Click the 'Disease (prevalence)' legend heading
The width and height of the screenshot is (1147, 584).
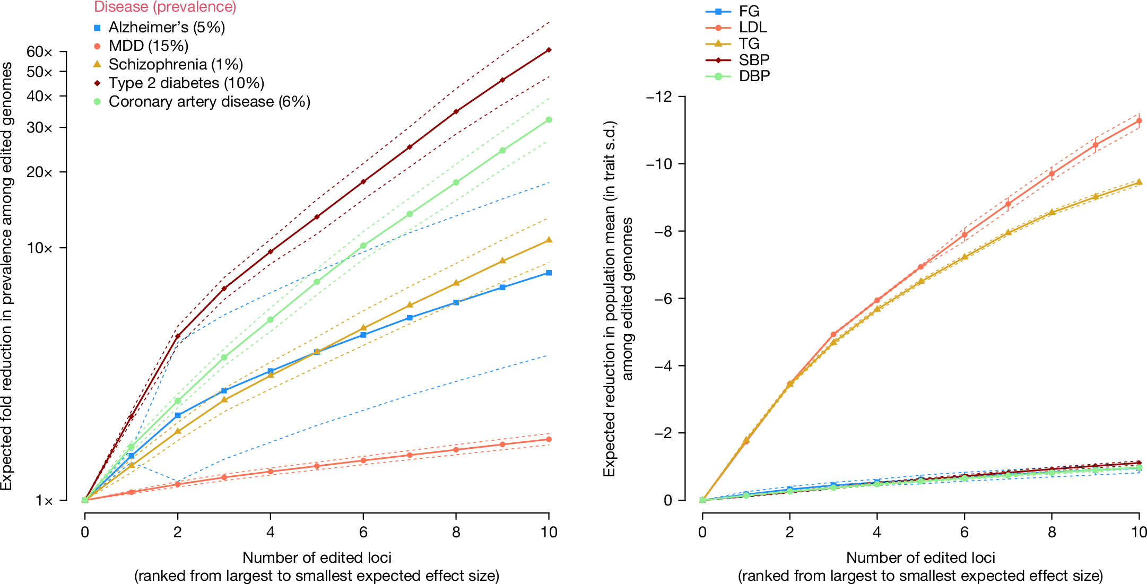pos(165,7)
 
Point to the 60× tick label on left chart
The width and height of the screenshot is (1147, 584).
pos(40,52)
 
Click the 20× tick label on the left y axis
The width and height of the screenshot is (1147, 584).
pos(40,172)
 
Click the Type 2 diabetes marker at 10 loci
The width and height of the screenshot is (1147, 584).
pos(549,50)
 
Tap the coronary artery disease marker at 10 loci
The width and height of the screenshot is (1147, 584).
pos(549,120)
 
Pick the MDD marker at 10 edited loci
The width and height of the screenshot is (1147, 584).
pos(549,439)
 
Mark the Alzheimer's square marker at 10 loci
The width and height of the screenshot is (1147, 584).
pos(549,273)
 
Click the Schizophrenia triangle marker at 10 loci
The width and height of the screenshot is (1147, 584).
pos(549,240)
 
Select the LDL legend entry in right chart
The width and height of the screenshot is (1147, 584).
pos(752,28)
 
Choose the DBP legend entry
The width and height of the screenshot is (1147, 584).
pos(754,76)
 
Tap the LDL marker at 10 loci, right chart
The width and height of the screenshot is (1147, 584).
pos(1139,121)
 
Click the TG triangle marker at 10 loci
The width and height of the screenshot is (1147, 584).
pos(1139,182)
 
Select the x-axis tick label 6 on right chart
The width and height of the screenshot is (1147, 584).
pos(964,532)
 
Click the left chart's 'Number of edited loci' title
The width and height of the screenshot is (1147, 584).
pos(317,557)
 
